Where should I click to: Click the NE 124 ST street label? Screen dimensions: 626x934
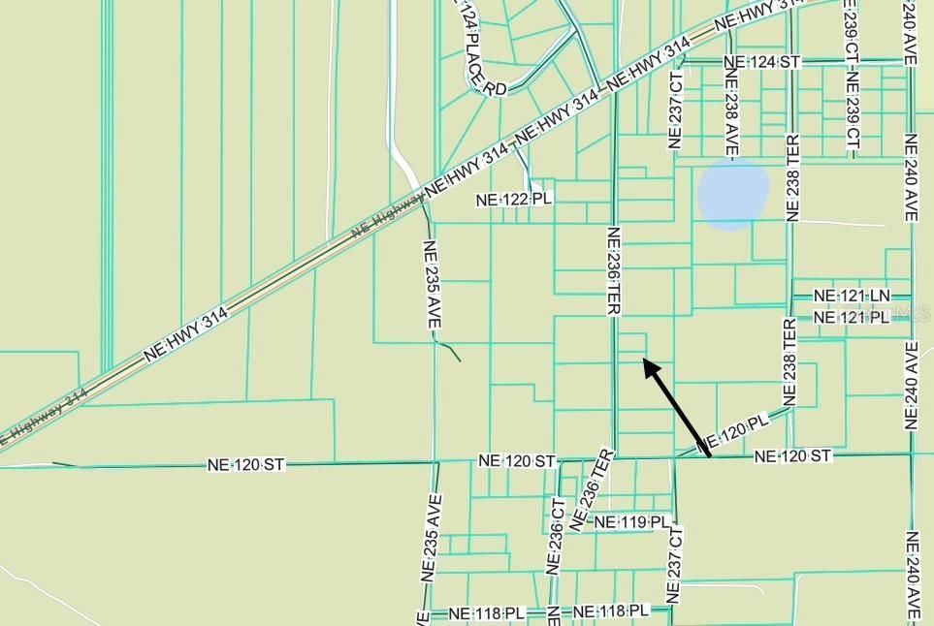click(762, 62)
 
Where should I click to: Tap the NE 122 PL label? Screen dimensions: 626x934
click(513, 199)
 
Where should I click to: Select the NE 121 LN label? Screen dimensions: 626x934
click(851, 296)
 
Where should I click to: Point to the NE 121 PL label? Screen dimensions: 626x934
click(851, 318)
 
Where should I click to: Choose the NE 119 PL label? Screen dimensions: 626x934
click(631, 522)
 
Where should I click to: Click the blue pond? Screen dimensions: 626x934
click(733, 194)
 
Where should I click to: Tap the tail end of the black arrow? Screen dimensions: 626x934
click(709, 454)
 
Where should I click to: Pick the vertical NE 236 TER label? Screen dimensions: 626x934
click(613, 270)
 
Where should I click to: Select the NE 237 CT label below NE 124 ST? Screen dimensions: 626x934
click(676, 110)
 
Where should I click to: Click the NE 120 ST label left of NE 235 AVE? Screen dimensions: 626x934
click(246, 465)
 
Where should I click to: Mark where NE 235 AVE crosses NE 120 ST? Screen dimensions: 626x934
click(434, 462)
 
